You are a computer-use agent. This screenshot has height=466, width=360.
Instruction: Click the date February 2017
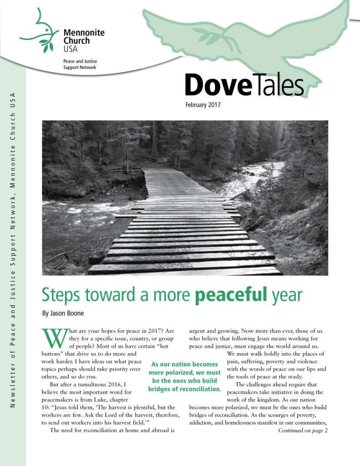(x=203, y=105)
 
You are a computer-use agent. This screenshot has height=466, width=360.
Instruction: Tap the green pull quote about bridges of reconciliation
(x=184, y=377)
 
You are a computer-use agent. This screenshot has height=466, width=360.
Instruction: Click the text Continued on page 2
(x=303, y=431)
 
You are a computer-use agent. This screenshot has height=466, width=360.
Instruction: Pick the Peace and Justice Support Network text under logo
(x=80, y=64)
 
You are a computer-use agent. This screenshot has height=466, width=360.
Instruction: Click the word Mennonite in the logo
(x=84, y=33)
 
